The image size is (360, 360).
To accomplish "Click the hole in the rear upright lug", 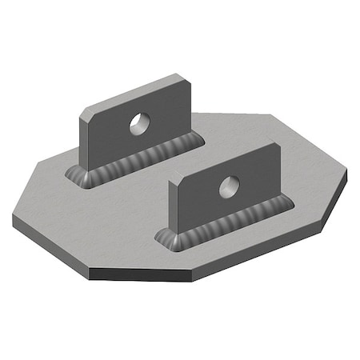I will click(140, 122).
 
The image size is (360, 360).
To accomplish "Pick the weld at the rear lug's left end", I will click(78, 176).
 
